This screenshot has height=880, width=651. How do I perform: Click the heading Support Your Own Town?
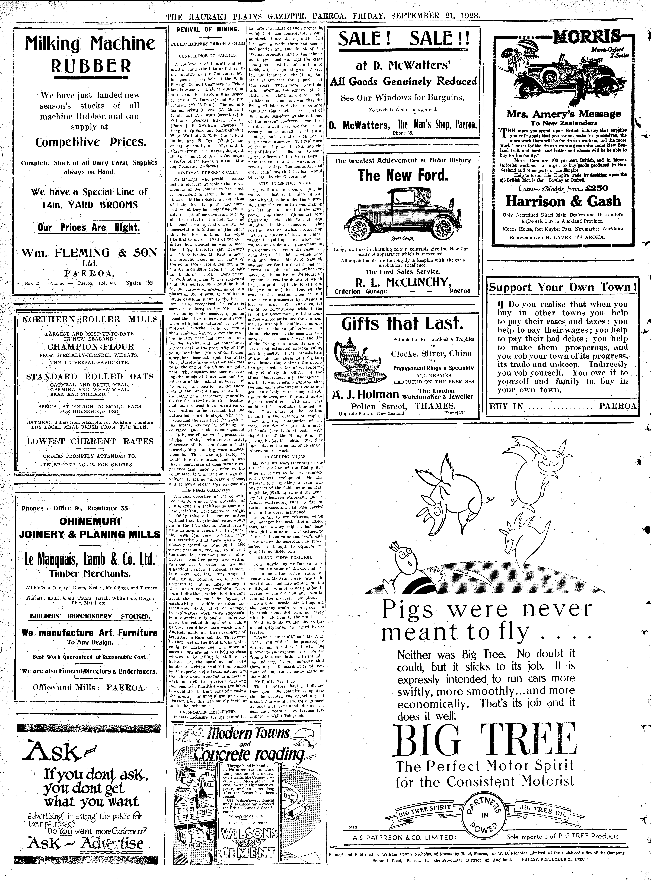[562, 287]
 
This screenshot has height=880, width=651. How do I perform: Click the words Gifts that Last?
[402, 324]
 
